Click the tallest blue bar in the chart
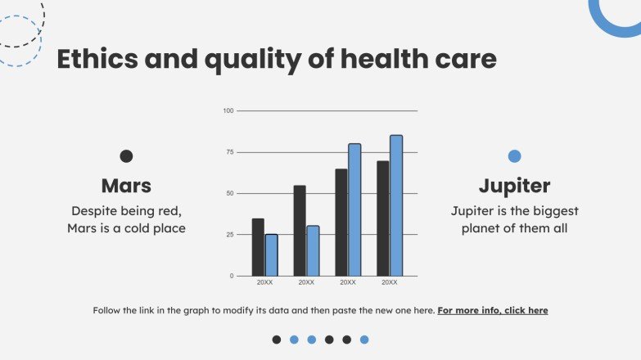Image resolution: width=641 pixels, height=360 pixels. pyautogui.click(x=396, y=205)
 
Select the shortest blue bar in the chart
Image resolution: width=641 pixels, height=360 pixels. pyautogui.click(x=271, y=255)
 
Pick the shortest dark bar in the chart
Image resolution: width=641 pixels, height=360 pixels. pyautogui.click(x=258, y=247)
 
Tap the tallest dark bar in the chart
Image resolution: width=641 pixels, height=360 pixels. pyautogui.click(x=383, y=218)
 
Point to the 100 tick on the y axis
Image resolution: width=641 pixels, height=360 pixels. pyautogui.click(x=228, y=110)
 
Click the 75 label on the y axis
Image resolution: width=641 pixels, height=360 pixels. pyautogui.click(x=229, y=152)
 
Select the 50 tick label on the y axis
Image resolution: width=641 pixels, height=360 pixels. pyautogui.click(x=229, y=194)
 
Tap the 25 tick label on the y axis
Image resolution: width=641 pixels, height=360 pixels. pyautogui.click(x=229, y=235)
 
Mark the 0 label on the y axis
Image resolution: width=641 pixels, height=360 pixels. pyautogui.click(x=231, y=277)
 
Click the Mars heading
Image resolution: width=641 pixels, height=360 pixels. pyautogui.click(x=126, y=185)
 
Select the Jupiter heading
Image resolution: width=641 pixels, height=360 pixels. pyautogui.click(x=514, y=185)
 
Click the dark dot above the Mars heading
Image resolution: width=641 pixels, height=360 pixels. pyautogui.click(x=126, y=156)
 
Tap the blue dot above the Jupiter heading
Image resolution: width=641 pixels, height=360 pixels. pyautogui.click(x=514, y=156)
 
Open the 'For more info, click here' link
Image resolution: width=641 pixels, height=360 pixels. pyautogui.click(x=493, y=311)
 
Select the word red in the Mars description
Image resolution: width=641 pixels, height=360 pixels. pyautogui.click(x=167, y=211)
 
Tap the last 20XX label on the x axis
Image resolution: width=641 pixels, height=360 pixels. pyautogui.click(x=390, y=282)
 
